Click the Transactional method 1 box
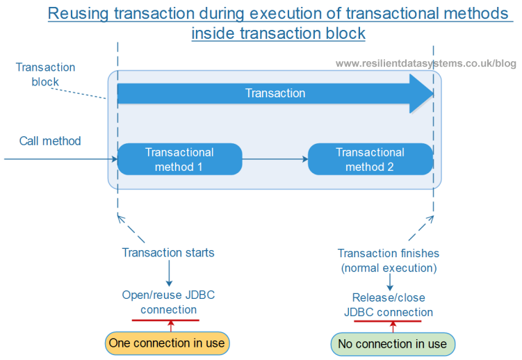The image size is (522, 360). pos(179,159)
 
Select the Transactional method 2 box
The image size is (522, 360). pos(370,159)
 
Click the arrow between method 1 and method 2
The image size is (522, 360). pos(275,159)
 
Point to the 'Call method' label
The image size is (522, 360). pos(50,141)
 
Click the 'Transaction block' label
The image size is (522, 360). pos(45,74)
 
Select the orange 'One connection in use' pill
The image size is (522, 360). pos(167,343)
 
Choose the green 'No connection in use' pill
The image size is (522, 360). pos(392,343)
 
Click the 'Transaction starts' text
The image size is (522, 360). pos(168,252)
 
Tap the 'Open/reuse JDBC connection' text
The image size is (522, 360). pos(168,302)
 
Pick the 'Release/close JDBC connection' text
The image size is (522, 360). pos(389,305)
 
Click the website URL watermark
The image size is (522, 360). pos(425,63)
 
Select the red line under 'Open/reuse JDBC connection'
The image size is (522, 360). pos(165,320)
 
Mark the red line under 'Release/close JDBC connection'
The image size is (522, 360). pos(388,321)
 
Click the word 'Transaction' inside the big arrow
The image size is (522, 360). pos(275,93)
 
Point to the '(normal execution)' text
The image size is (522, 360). pos(389,267)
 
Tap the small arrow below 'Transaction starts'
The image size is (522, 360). pos(168,274)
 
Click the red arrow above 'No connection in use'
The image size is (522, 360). pos(393,327)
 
